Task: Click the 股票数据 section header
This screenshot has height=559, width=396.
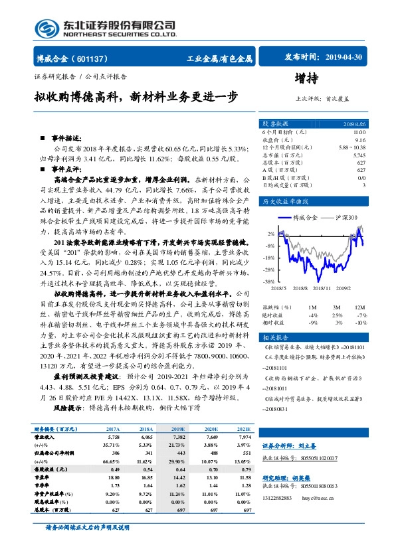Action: coord(274,124)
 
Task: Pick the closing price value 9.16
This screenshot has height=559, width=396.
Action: coord(359,140)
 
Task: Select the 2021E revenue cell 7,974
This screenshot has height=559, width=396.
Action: coord(245,438)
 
